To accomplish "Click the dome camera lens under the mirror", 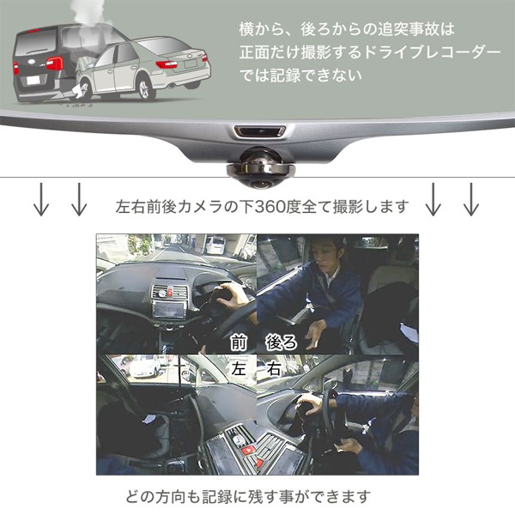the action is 261,167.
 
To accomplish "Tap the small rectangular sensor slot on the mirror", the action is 260,131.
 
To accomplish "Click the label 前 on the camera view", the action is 239,343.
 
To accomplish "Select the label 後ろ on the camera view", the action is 282,343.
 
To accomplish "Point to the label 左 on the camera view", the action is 239,368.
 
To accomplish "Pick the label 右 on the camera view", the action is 274,368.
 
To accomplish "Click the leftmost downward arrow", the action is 41,199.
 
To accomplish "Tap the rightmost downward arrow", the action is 471,199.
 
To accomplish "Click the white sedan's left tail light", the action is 167,64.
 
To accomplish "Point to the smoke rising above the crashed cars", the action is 87,13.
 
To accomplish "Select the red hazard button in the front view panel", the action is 169,293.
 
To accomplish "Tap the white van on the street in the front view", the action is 215,245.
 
